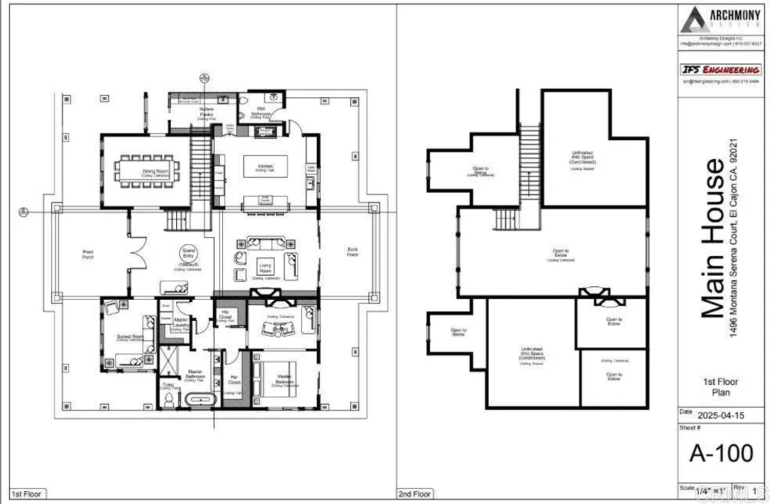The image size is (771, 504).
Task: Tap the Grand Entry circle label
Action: pyautogui.click(x=187, y=255)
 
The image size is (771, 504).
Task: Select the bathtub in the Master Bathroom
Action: pyautogui.click(x=200, y=399)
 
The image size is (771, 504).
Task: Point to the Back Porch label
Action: pyautogui.click(x=352, y=252)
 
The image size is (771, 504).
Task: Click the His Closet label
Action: pyautogui.click(x=224, y=316)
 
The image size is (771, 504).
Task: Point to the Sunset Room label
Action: pyautogui.click(x=130, y=337)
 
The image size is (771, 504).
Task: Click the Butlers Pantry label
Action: pyautogui.click(x=206, y=113)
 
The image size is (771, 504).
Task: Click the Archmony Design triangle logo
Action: pyautogui.click(x=693, y=20)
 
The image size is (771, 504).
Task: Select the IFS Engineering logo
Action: pyautogui.click(x=721, y=69)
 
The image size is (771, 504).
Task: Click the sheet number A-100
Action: pyautogui.click(x=721, y=453)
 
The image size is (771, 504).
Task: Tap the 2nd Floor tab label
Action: pyautogui.click(x=415, y=494)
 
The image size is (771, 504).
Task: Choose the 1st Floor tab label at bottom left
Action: pyautogui.click(x=26, y=494)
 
